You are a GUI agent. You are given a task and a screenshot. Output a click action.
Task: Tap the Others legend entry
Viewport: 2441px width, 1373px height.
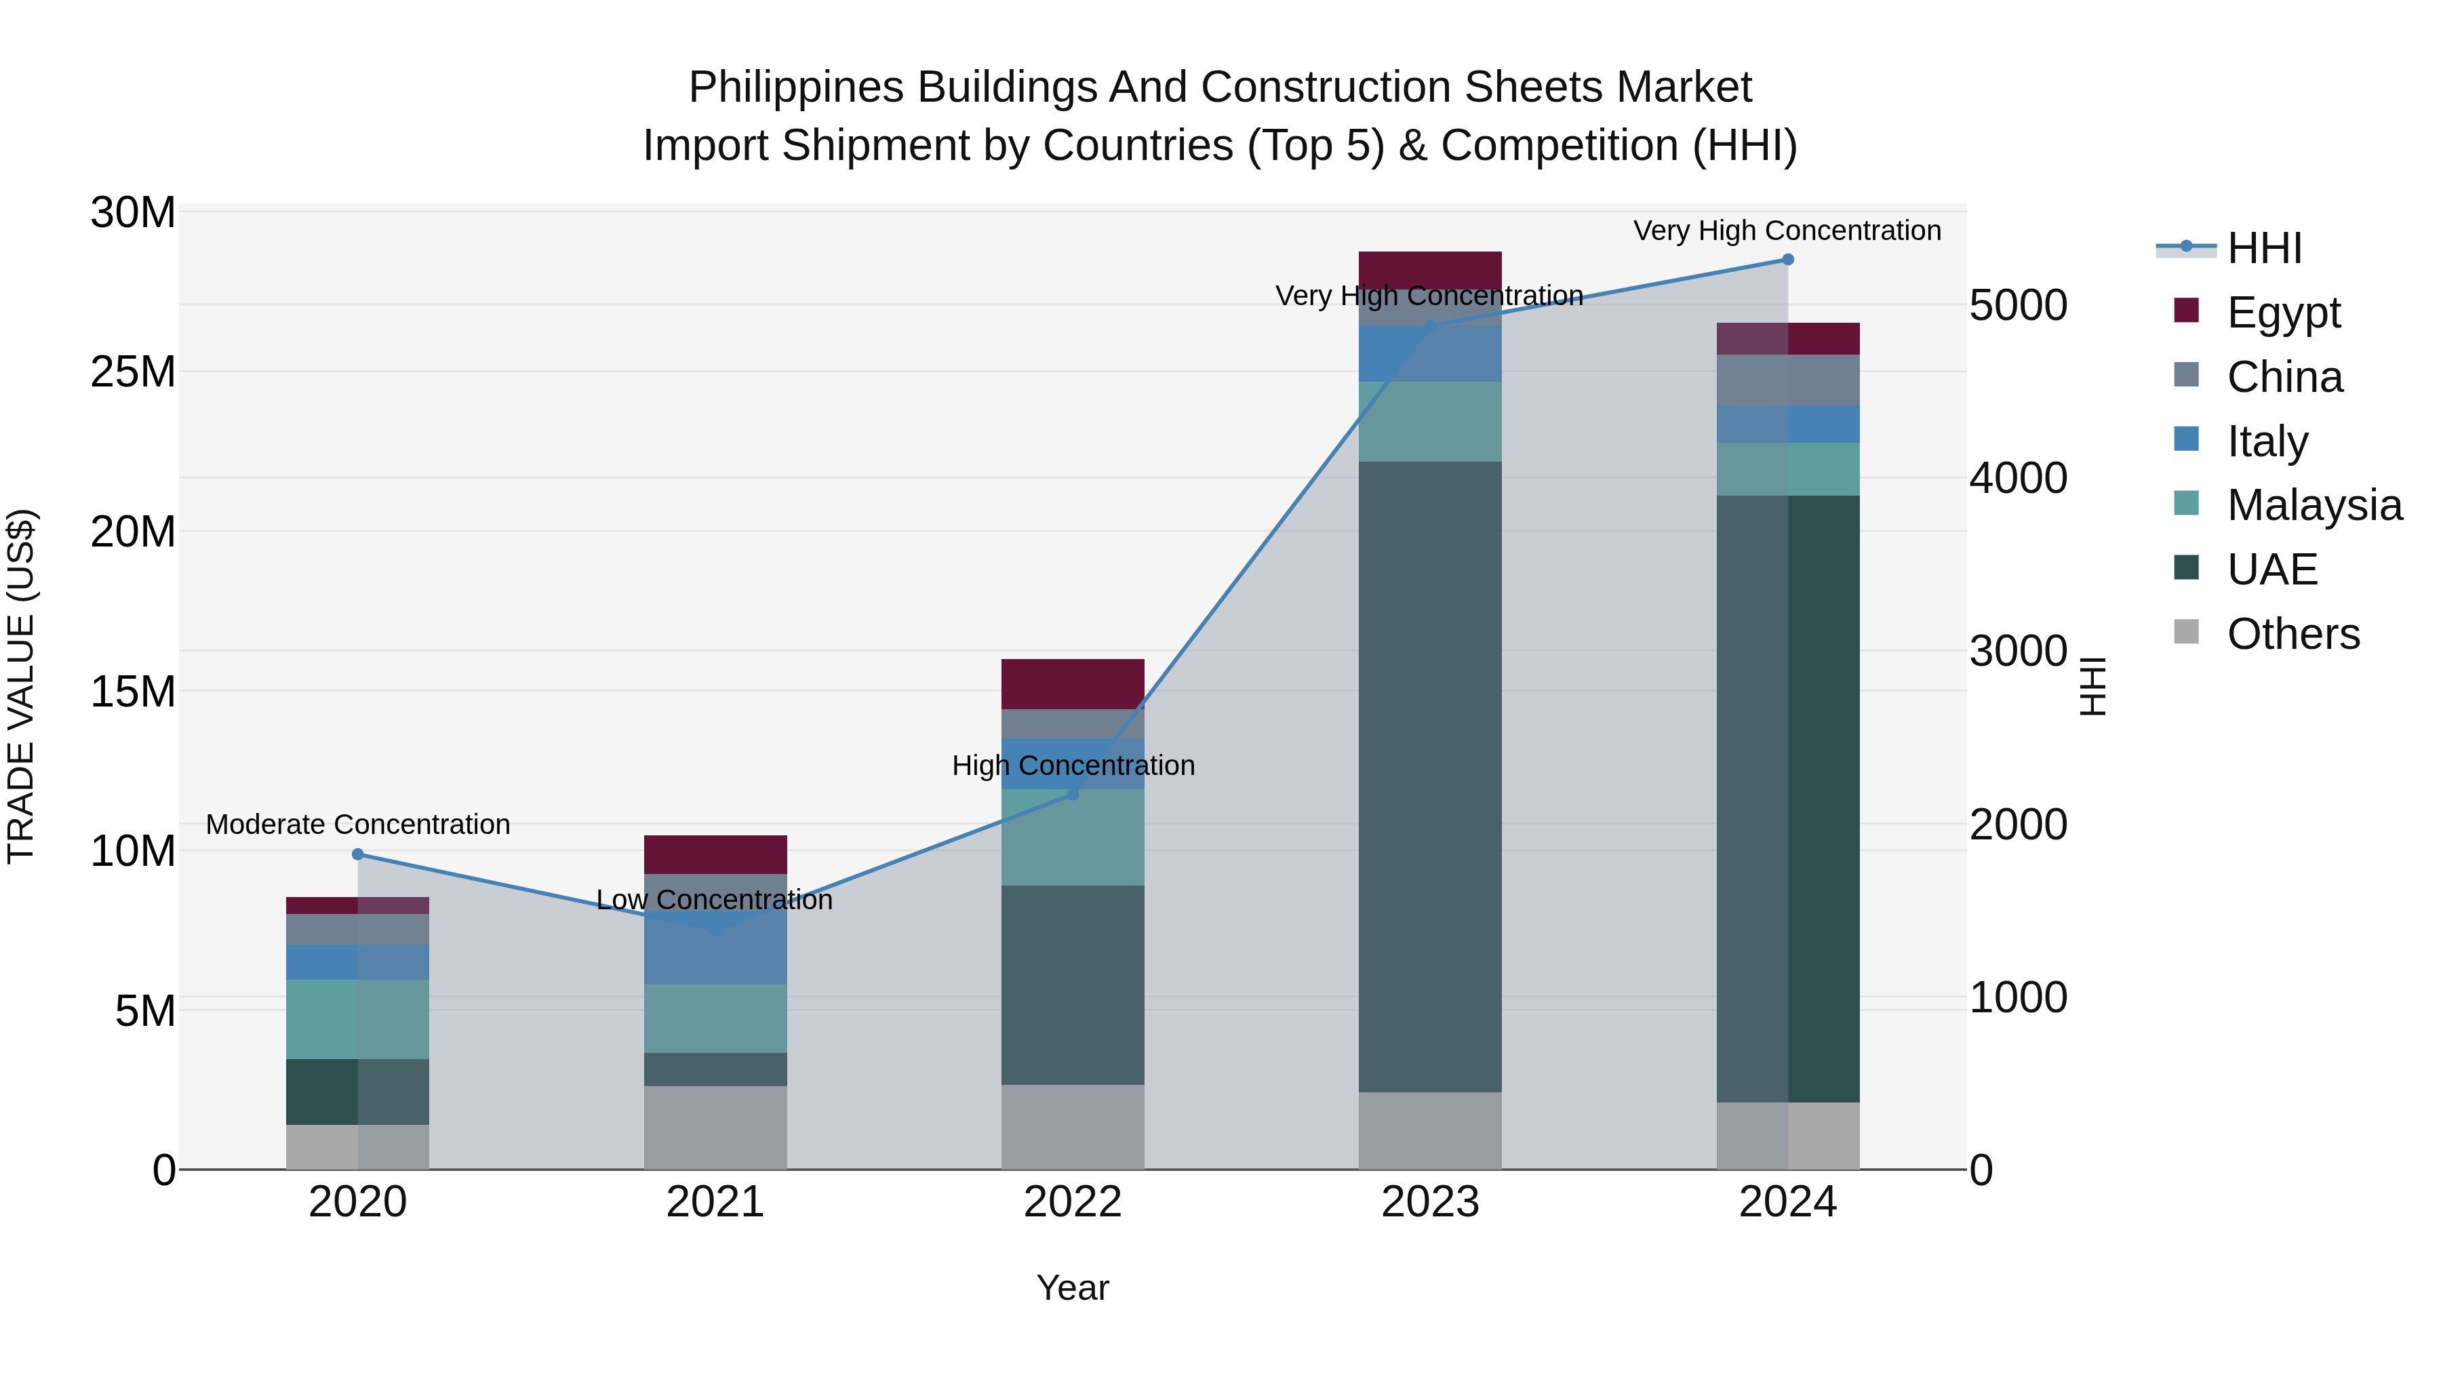2293,634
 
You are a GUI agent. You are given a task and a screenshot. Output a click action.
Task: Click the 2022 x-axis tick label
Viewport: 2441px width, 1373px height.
1073,1201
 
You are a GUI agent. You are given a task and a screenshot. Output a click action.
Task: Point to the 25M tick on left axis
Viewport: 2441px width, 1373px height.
133,372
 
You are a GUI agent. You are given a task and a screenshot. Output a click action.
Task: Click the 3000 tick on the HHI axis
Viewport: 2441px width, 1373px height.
2017,651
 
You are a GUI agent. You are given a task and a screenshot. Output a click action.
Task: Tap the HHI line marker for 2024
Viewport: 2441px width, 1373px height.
1787,260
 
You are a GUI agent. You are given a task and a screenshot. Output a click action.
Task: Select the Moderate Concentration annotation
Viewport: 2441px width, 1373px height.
358,824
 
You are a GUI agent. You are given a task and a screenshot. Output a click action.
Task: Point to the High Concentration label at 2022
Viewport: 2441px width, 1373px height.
1073,765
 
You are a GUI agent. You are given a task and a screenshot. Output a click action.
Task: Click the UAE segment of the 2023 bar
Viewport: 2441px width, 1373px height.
1430,777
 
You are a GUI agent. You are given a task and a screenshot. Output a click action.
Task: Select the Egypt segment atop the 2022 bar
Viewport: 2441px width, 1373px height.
1073,684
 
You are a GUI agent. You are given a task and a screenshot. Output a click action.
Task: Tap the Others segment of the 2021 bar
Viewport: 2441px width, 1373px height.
715,1127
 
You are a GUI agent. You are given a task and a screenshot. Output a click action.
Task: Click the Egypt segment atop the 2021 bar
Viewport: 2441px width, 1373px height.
715,854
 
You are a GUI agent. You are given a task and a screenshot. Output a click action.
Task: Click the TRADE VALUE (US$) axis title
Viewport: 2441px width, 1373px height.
21,686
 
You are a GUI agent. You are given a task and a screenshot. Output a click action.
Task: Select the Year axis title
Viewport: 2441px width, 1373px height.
1073,1288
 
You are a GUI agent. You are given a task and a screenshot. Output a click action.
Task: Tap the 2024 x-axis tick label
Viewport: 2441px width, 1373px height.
1787,1201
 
